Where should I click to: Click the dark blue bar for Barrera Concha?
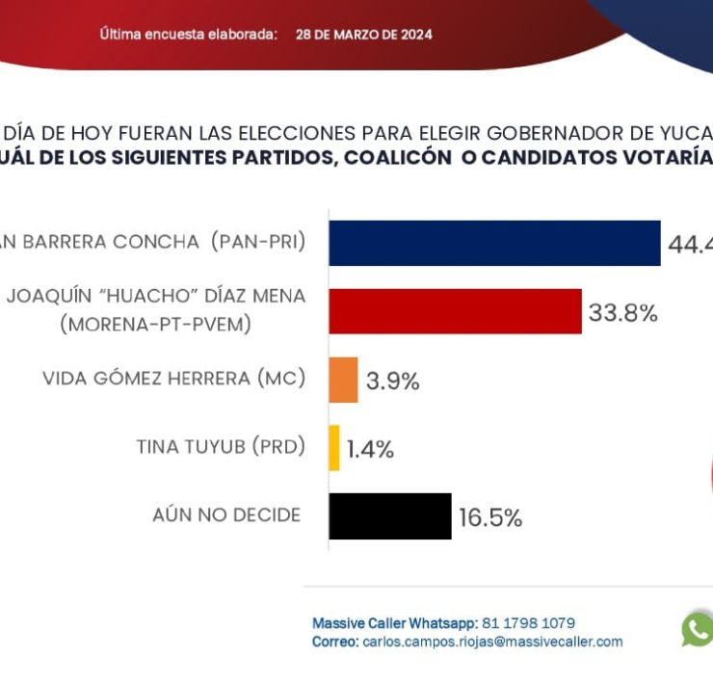(x=494, y=243)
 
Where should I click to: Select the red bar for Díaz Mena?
(x=455, y=311)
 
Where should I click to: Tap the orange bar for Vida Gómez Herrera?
(x=343, y=380)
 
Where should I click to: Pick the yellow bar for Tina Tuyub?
(x=334, y=448)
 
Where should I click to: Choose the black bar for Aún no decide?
(x=389, y=516)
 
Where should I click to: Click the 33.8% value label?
(x=622, y=313)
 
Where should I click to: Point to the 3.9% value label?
(x=392, y=381)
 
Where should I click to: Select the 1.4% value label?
(x=370, y=450)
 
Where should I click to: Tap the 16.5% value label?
(x=489, y=518)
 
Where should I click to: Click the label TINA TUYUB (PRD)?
(x=220, y=447)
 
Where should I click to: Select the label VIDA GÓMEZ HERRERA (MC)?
(x=173, y=379)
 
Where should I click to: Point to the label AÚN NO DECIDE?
(x=226, y=515)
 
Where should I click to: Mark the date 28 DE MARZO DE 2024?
(x=364, y=35)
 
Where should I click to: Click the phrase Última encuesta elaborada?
(x=189, y=35)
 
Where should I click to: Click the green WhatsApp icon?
(x=697, y=630)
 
